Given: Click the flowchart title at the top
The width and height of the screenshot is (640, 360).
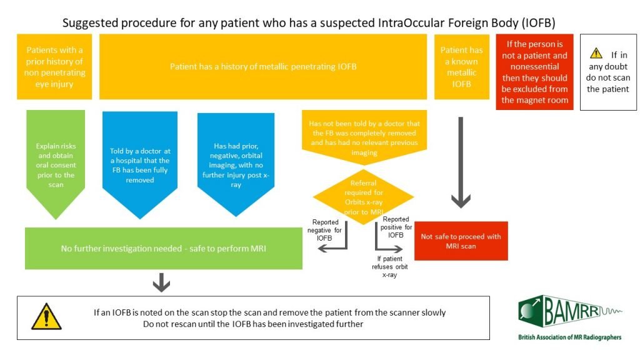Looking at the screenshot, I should pyautogui.click(x=309, y=22).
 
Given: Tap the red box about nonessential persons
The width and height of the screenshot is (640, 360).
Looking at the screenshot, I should pyautogui.click(x=534, y=72).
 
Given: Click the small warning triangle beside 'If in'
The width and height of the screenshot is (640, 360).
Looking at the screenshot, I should pyautogui.click(x=596, y=54).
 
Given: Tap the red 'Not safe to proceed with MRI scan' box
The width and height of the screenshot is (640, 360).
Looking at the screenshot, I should pyautogui.click(x=461, y=241).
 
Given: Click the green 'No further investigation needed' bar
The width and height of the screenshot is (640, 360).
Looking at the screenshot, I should pyautogui.click(x=163, y=248).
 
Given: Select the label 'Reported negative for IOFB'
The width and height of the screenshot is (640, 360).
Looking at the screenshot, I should pyautogui.click(x=326, y=230).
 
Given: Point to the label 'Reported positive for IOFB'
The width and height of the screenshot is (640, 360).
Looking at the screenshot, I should pyautogui.click(x=396, y=227).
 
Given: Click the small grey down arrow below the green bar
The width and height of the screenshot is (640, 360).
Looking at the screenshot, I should pyautogui.click(x=161, y=282).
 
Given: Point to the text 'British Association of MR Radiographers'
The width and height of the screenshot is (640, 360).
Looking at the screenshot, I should pyautogui.click(x=569, y=337).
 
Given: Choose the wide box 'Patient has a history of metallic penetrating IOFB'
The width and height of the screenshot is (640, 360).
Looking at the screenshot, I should pyautogui.click(x=263, y=66).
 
